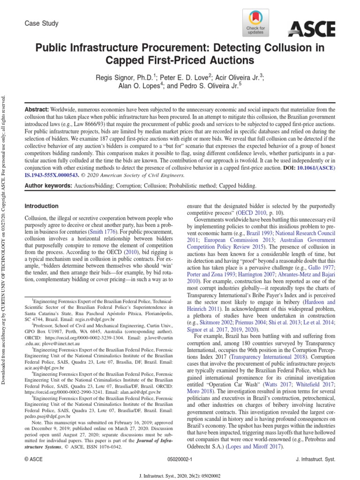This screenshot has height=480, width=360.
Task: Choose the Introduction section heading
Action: [41, 206]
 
